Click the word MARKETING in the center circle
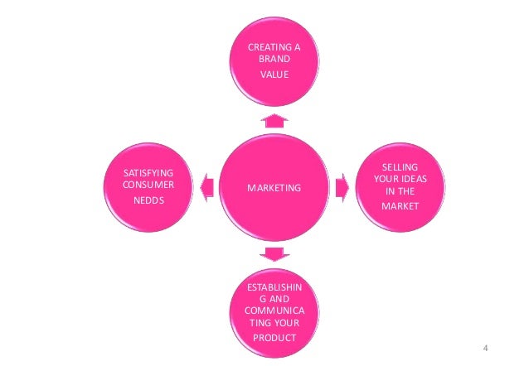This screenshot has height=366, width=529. [274, 189]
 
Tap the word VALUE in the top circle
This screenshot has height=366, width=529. [274, 75]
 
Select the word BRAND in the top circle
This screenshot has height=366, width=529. [274, 60]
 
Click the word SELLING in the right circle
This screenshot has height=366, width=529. [401, 167]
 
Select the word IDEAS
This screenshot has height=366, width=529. [416, 179]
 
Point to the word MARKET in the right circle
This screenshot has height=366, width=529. [400, 205]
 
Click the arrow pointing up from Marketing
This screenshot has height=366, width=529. [274, 120]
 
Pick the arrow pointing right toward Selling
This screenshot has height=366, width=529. [342, 187]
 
